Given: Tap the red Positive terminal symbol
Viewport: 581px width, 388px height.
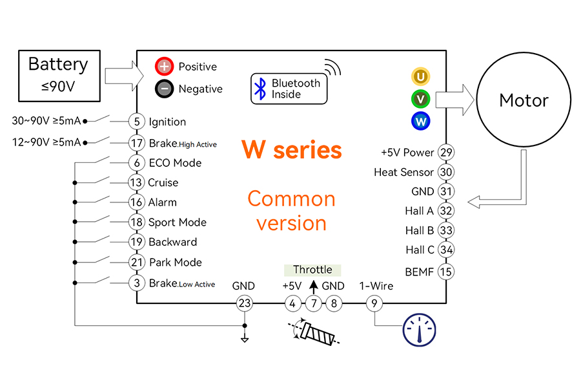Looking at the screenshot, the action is (164, 67).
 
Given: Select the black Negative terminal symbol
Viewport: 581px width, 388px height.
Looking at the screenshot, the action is (164, 89).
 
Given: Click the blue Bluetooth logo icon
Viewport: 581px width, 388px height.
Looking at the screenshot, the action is (261, 89).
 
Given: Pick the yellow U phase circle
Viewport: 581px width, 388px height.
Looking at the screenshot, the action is (420, 76).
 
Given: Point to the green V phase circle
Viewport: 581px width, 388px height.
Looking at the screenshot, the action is (420, 99).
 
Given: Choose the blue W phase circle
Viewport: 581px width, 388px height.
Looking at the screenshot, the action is (420, 121).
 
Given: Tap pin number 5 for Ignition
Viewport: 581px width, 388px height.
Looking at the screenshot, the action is (137, 122).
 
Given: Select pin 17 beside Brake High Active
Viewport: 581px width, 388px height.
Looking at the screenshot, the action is (137, 143).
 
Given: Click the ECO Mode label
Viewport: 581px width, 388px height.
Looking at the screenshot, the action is (175, 163).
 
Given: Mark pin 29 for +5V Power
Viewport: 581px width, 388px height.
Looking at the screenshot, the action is (446, 152).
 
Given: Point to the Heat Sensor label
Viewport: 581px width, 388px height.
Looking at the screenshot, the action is (403, 172).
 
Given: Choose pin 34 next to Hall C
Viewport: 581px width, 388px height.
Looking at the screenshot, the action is (446, 250).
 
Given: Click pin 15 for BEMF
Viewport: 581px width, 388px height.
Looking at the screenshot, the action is (446, 272).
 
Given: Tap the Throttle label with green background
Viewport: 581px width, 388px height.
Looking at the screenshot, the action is (312, 270).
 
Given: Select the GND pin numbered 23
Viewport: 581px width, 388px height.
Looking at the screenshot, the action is (245, 303).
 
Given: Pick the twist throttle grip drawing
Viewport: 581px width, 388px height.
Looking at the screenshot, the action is (314, 332).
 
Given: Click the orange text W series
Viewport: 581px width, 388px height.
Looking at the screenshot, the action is (292, 150).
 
